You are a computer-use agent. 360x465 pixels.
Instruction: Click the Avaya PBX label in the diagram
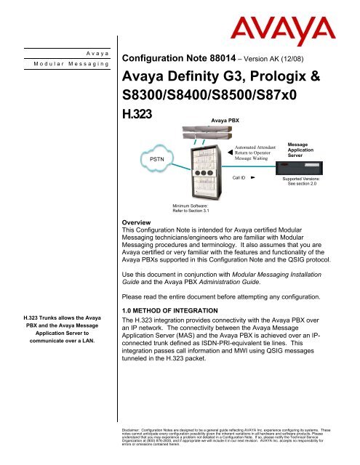point(224,116)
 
